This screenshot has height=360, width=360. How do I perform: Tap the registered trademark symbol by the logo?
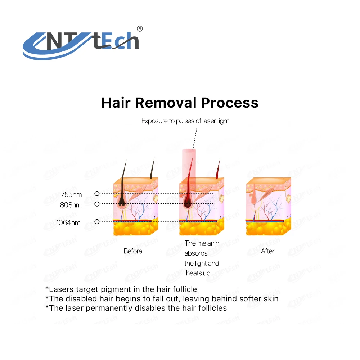[x=140, y=29]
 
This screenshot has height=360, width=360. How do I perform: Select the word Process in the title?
[x=229, y=103]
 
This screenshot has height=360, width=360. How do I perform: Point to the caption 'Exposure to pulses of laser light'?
[x=185, y=121]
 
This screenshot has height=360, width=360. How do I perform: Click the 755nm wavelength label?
[x=71, y=195]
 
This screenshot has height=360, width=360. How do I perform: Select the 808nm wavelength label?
[x=71, y=205]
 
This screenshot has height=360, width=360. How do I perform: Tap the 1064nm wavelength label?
[x=68, y=222]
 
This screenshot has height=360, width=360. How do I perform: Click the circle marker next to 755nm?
[x=97, y=194]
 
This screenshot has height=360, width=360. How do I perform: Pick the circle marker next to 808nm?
[x=97, y=204]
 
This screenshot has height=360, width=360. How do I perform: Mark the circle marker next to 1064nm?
[x=97, y=221]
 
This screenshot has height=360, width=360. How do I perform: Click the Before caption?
[x=133, y=251]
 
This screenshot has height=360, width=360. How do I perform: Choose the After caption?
[x=267, y=251]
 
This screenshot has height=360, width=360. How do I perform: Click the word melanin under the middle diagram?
[x=208, y=243]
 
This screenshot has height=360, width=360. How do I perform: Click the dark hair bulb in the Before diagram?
[x=121, y=202]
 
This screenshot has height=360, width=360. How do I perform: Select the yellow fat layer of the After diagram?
[x=268, y=229]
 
